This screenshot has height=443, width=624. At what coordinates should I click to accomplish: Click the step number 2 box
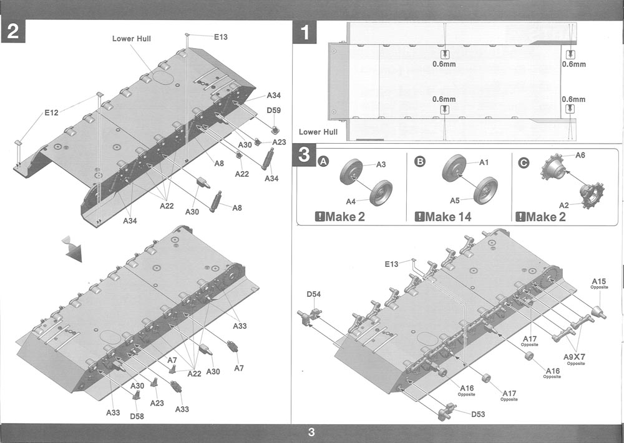pyautogui.click(x=13, y=32)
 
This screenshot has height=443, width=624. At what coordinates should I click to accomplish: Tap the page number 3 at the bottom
pyautogui.click(x=311, y=432)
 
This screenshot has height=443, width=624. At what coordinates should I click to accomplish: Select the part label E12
pyautogui.click(x=51, y=113)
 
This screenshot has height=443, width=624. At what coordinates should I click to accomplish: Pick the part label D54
pyautogui.click(x=314, y=294)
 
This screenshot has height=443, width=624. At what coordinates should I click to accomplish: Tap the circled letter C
pyautogui.click(x=524, y=162)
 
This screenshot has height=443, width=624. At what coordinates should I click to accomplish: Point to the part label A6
pyautogui.click(x=580, y=155)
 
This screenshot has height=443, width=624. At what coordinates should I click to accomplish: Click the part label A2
pyautogui.click(x=563, y=204)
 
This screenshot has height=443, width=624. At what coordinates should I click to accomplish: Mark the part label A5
pyautogui.click(x=454, y=201)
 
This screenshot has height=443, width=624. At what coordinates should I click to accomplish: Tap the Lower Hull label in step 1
pyautogui.click(x=318, y=132)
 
